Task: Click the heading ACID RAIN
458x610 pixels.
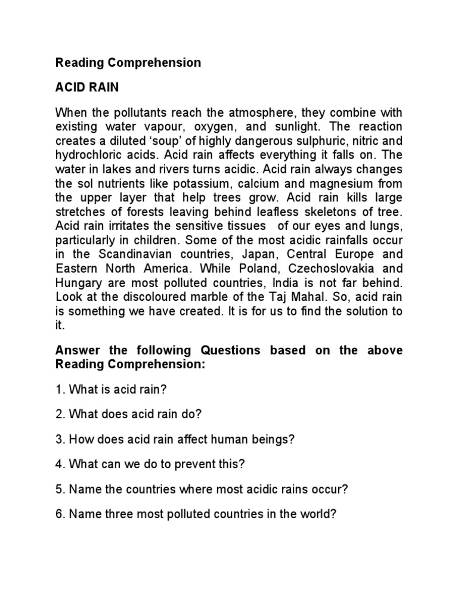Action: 87,88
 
